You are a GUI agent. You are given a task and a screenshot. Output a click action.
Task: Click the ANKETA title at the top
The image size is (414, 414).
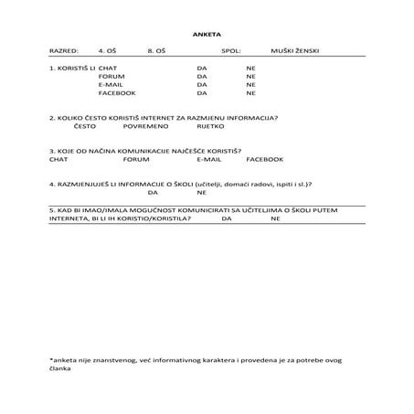[x=207, y=32]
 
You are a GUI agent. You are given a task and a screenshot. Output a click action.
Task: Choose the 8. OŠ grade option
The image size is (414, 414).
[x=156, y=51]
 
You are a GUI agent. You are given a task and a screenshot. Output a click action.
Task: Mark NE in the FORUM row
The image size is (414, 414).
[x=250, y=77]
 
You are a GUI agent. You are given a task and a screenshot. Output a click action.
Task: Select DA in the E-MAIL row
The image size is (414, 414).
[x=201, y=85]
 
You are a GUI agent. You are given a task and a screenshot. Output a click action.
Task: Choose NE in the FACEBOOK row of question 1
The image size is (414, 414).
[x=250, y=93]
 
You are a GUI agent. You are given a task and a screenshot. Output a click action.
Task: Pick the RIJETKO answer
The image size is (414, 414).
[x=211, y=127]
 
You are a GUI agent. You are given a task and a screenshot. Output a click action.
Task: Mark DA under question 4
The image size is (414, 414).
[x=153, y=193]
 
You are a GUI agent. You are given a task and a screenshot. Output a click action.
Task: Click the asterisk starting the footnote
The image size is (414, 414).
[x=51, y=359]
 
